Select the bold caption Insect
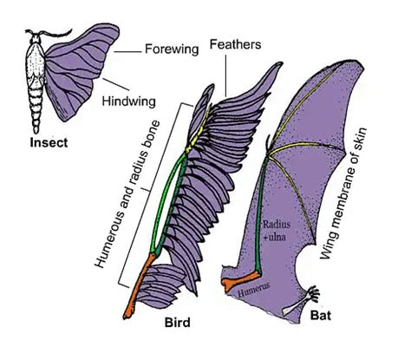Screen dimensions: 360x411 pos(49,140)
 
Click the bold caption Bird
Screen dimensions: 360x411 pos(178,324)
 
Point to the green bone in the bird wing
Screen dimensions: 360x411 pos(169,200)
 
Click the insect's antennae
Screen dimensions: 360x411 pos(36,35)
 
